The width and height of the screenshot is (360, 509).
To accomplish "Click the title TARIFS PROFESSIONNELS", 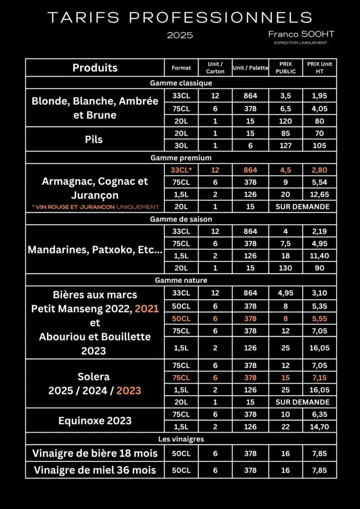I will pos(180,18).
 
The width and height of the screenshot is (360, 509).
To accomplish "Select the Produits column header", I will pos(95,68).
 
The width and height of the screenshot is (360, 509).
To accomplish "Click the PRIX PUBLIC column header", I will pos(285,68).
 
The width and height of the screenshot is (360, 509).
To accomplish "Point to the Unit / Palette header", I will pos(251,68).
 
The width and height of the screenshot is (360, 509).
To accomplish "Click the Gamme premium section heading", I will pos(181,158).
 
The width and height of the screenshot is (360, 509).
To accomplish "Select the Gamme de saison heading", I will pos(181,219).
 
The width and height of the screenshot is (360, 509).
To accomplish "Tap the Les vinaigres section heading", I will pos(181,439).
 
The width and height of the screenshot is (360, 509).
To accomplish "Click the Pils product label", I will pos(94,140).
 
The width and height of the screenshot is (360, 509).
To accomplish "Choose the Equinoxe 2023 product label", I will pos(94,421).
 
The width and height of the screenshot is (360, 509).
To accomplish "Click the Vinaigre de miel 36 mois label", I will pos(94,470).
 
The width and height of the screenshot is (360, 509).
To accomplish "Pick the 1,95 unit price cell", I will pos(319,96).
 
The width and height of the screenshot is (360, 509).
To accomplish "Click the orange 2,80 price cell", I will pos(319,170).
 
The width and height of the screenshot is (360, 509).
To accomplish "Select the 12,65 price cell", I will pos(319,194).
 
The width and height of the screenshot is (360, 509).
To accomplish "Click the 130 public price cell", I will pos(285,268).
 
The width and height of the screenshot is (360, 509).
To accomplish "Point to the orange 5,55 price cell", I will pos(319,318).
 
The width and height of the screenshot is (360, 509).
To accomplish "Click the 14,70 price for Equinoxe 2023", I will pos(319,426).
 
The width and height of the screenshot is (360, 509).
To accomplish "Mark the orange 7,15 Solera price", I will pos(319,378).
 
